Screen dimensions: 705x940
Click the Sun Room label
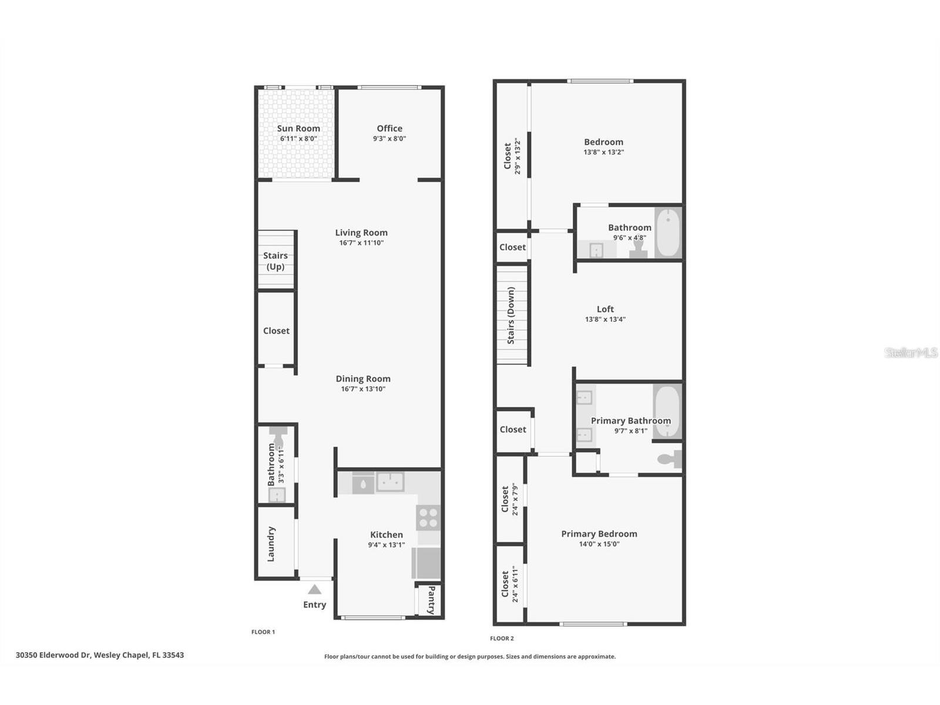coord(298,129)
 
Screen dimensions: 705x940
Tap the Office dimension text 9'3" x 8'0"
coord(389,139)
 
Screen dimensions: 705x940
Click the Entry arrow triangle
coord(315,589)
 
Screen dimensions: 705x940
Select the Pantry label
coord(431,600)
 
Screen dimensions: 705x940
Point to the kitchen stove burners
coord(428,518)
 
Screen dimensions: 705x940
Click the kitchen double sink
coord(390,482)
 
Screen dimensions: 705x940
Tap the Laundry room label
coord(271,543)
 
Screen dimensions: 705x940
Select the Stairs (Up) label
coord(276,261)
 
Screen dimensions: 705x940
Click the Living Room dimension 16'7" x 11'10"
coord(361,243)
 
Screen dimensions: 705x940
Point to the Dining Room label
coord(362,379)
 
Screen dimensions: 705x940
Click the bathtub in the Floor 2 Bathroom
coord(668,232)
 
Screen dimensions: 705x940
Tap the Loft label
coord(605,309)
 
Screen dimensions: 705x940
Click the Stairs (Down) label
coord(511,315)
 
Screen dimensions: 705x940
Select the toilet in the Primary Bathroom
coord(669,459)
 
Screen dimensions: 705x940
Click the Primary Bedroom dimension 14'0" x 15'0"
coord(599,544)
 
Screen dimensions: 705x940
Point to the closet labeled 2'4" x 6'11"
coord(509,585)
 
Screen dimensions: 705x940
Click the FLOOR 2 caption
coord(502,638)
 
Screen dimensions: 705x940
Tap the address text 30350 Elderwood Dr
coord(53,655)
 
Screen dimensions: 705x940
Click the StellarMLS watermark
coord(911,352)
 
